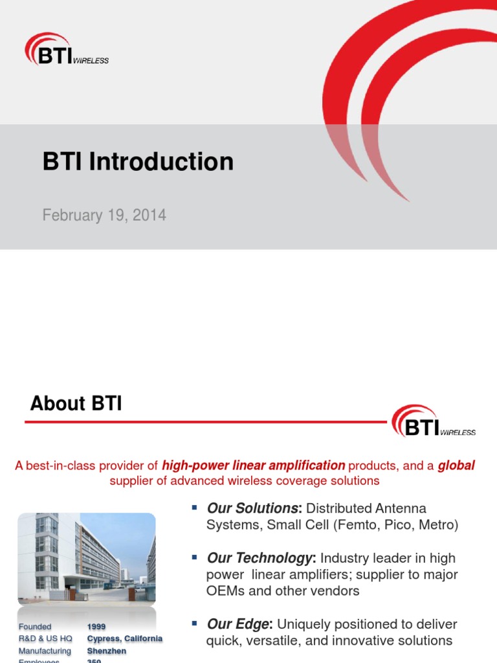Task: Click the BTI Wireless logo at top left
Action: click(x=66, y=51)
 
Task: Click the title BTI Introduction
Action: click(x=138, y=161)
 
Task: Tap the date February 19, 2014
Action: click(x=104, y=215)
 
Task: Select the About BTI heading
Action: click(x=76, y=403)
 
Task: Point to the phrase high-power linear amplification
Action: click(x=253, y=465)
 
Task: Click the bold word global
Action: click(x=456, y=465)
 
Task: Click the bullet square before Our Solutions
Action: click(x=194, y=508)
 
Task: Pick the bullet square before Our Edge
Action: click(x=194, y=624)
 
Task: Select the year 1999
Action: click(x=96, y=627)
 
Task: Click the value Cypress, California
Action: click(x=125, y=638)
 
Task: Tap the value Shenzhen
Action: click(x=107, y=651)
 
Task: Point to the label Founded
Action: click(x=35, y=627)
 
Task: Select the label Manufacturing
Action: click(x=45, y=651)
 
